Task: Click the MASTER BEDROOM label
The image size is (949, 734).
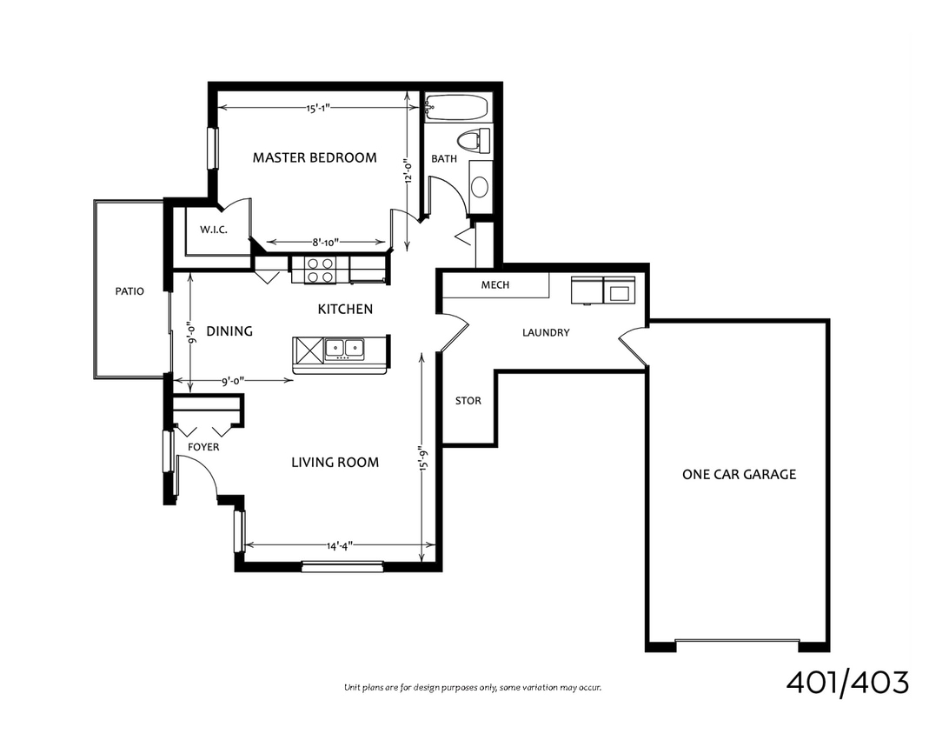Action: point(315,157)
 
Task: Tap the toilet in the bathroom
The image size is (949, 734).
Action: point(473,141)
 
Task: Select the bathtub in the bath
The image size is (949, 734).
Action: point(456,110)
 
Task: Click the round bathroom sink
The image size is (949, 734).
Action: point(479,185)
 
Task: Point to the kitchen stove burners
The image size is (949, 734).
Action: point(320,270)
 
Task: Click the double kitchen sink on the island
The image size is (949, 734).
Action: point(345,350)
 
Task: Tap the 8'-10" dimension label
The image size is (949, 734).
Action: point(325,244)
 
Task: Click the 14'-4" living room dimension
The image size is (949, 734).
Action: point(340,546)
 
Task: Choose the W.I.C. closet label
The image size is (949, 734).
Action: point(213,230)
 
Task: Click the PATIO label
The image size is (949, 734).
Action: point(129,291)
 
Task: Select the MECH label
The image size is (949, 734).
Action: point(494,285)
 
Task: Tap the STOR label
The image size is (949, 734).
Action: point(468,401)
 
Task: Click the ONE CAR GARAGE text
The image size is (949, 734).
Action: point(739,474)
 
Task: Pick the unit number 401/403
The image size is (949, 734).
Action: point(847,683)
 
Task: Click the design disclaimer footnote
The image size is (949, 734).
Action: point(473,688)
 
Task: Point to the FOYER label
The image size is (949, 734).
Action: point(203,447)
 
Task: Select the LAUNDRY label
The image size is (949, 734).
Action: point(546,332)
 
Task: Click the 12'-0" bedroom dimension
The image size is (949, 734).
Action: point(408,165)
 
